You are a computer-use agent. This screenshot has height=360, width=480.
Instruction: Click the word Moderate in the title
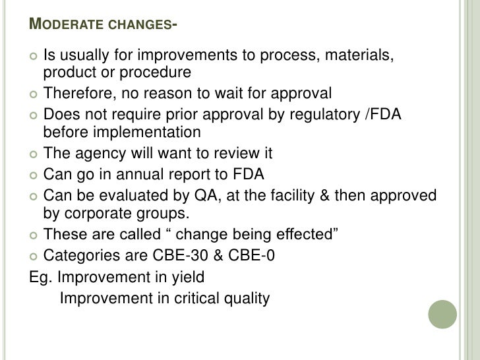coord(65,26)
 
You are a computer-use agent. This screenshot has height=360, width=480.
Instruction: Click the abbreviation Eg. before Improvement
coord(41,276)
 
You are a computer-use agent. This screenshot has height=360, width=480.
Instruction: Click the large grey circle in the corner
coord(442,316)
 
